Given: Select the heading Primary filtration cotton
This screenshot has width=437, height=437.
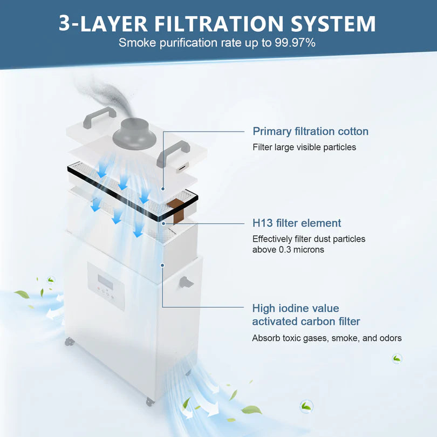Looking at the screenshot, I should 311,131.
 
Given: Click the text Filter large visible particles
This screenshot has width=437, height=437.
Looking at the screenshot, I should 304,147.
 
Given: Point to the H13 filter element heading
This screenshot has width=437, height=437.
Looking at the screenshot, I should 297,223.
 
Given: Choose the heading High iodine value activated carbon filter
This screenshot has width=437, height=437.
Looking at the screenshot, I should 306,315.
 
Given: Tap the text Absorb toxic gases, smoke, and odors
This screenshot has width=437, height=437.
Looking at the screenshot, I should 327,338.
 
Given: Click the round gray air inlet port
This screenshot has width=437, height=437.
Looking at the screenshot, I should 133,132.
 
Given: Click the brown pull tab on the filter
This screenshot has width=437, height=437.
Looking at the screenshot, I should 176,210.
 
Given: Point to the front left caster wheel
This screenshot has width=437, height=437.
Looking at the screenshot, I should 68,342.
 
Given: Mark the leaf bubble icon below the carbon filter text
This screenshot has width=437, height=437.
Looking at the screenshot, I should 397,358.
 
